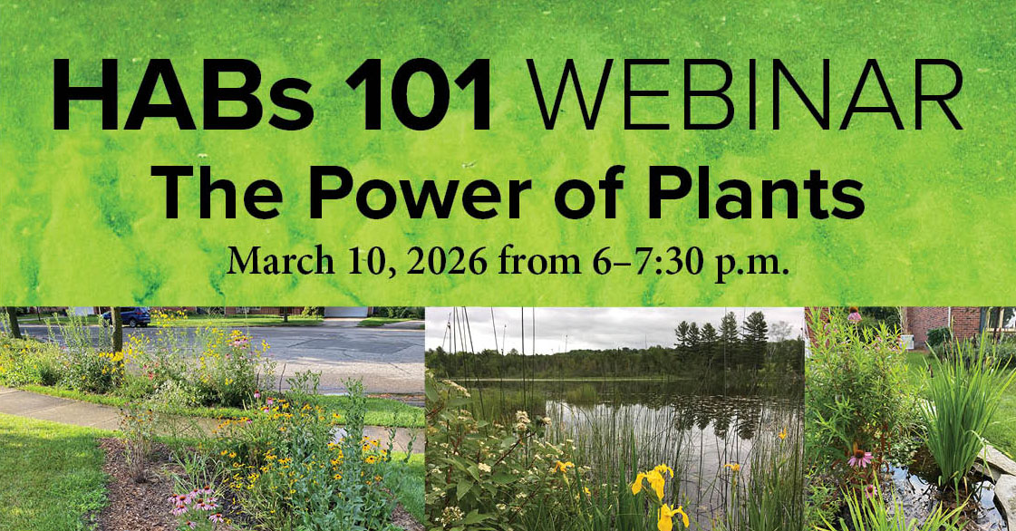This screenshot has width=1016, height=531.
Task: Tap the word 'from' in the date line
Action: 545,261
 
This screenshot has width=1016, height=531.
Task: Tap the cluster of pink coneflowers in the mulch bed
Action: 195,504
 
